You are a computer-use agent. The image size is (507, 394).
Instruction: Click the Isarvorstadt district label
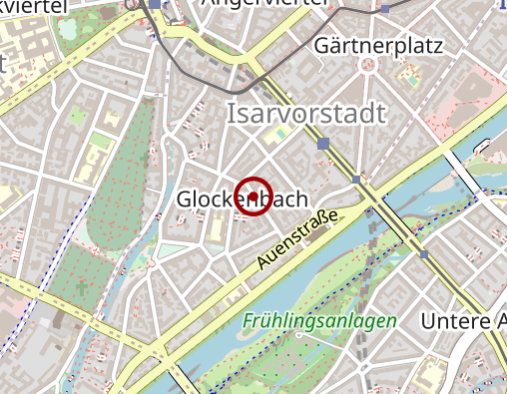click(306, 113)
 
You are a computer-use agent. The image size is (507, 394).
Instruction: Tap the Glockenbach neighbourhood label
click(242, 199)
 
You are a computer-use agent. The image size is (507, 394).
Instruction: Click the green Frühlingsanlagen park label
click(318, 322)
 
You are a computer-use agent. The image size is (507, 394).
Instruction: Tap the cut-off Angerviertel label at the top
click(266, 3)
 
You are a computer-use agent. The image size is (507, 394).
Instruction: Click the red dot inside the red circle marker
click(253, 195)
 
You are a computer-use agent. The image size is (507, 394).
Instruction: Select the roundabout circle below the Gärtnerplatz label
click(370, 67)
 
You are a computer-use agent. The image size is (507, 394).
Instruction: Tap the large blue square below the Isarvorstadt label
click(322, 145)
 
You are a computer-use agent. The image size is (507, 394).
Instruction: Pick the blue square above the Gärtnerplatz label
click(385, 10)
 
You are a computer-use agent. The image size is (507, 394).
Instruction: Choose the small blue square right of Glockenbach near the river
click(356, 181)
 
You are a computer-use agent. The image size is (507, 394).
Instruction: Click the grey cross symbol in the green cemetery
click(80, 288)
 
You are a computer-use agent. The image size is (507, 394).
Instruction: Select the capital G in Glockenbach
click(185, 199)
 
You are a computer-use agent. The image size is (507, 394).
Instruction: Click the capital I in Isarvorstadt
click(233, 113)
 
